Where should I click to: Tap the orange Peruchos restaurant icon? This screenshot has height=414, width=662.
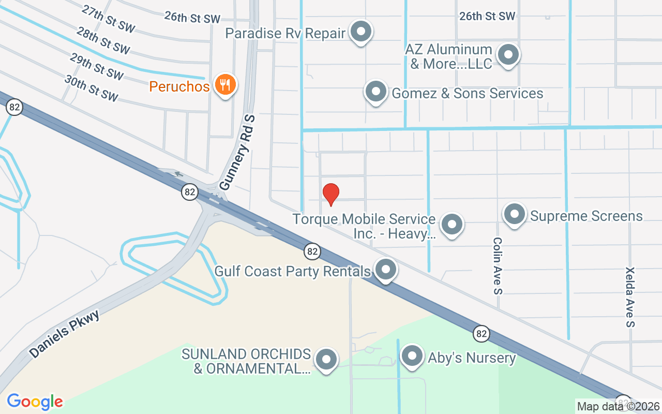[225, 84]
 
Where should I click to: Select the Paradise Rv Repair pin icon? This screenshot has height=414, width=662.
[361, 32]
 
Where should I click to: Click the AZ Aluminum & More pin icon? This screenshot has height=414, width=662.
[508, 54]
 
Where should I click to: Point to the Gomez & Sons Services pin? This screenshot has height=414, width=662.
[376, 92]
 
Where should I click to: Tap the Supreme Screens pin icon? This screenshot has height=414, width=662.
[514, 214]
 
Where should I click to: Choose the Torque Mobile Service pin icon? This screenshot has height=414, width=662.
[452, 225]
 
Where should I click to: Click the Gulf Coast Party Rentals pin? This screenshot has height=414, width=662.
[385, 270]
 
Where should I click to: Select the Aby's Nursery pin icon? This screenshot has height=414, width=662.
[412, 356]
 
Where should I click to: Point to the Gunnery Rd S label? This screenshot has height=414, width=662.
[238, 153]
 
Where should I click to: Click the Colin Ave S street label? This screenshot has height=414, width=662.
[498, 266]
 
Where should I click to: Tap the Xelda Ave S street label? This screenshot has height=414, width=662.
[630, 297]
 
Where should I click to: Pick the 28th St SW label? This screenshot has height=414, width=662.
[102, 41]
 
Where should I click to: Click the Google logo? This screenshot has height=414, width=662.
[35, 402]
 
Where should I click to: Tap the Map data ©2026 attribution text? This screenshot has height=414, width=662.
[619, 406]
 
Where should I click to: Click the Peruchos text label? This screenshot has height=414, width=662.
[179, 86]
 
